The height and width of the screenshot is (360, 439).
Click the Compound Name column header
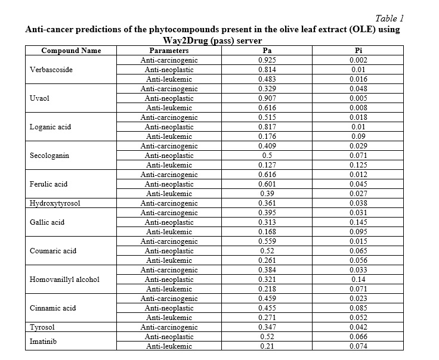coord(71,51)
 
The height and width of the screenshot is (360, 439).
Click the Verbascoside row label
coord(51,70)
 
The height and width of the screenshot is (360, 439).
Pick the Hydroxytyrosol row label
coord(55,203)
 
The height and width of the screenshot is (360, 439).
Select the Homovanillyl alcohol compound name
coord(64,280)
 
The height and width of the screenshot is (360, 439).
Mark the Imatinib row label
coord(44,342)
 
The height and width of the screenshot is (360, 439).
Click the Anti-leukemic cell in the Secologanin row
coord(169,165)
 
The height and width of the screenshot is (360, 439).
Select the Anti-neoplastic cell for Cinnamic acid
coord(169,308)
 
